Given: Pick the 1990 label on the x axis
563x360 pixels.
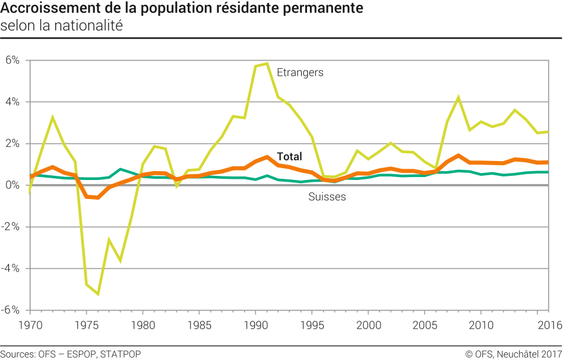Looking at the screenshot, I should [255, 326].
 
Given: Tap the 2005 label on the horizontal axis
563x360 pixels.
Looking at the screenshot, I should [424, 326].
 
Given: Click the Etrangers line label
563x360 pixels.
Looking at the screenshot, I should [300, 72].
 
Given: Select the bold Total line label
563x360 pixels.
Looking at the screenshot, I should [289, 157].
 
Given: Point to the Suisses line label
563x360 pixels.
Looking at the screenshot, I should [327, 197].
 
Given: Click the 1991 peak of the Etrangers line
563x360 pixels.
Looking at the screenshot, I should [267, 64].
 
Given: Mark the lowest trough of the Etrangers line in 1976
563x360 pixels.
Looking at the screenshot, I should [97, 294].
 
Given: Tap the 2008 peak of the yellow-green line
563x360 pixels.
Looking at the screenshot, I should [458, 97].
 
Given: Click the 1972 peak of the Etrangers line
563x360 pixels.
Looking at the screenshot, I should [52, 117].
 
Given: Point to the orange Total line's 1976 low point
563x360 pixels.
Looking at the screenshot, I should [97, 197].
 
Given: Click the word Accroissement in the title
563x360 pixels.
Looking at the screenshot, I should [42, 10].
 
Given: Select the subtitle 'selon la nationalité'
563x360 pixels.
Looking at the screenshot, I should [61, 27].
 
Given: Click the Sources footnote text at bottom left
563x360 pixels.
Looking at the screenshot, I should [71, 354].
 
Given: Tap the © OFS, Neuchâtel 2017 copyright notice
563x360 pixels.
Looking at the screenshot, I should [514, 354].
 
